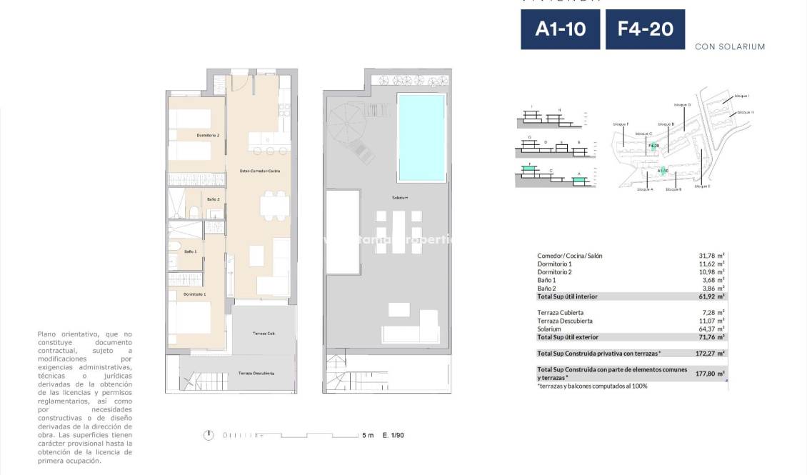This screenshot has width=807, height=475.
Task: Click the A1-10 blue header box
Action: click(x=560, y=29)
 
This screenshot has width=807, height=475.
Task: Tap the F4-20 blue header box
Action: click(x=645, y=29)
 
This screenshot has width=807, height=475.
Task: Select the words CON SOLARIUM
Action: click(x=729, y=46)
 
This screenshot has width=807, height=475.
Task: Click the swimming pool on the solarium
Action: click(x=421, y=137)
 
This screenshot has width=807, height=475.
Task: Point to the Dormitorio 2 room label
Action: click(x=208, y=135)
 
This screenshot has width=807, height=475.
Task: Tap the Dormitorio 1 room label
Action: click(x=194, y=294)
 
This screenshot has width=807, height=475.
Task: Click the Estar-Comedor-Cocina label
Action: click(x=259, y=171)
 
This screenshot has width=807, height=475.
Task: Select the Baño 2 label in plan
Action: click(x=213, y=199)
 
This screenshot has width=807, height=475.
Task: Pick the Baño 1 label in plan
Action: click(x=190, y=251)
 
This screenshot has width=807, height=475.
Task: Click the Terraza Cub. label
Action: click(x=264, y=334)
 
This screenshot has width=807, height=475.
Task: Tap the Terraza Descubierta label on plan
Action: click(x=256, y=374)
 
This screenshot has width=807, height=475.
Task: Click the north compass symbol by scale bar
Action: click(x=209, y=435)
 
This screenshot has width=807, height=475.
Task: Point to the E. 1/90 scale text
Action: click(x=394, y=435)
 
